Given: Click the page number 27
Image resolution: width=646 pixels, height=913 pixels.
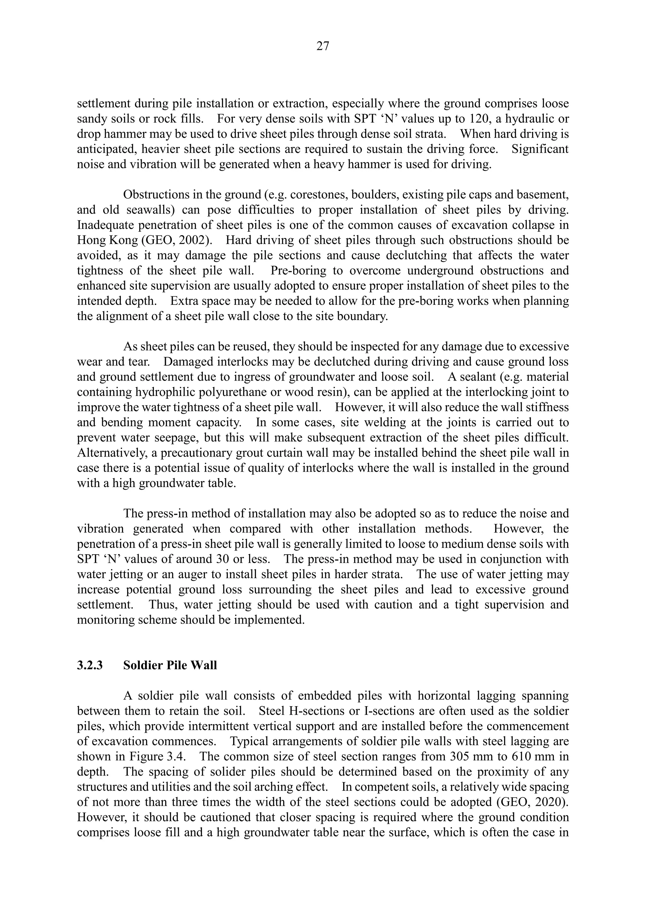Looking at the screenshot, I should [x=323, y=47].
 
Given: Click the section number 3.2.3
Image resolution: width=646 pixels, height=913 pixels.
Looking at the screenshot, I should [x=90, y=665].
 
